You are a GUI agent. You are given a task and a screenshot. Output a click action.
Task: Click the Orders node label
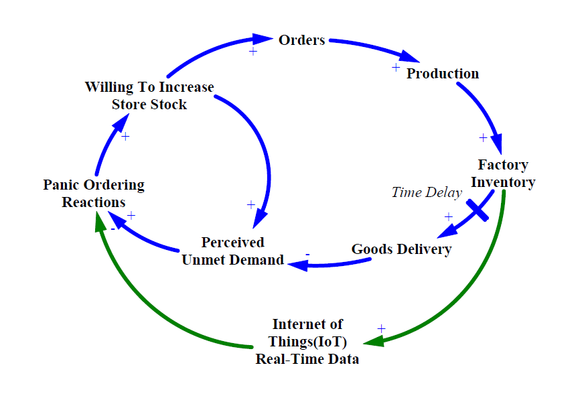[x=301, y=40]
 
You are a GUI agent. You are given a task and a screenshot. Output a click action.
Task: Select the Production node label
[x=443, y=74]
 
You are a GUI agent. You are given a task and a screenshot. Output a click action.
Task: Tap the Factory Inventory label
[x=503, y=174]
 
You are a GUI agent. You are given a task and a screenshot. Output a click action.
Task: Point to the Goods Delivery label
[x=401, y=249]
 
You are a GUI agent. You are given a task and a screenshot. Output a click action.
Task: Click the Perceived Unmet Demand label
[x=233, y=251]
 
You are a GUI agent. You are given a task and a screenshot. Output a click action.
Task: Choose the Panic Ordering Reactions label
[x=94, y=193]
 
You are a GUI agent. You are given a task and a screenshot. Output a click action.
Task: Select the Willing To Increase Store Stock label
[x=149, y=96]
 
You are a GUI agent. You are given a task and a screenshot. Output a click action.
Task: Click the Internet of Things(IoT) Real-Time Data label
[x=307, y=342]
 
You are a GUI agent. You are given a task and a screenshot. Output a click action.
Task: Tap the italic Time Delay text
[x=427, y=193]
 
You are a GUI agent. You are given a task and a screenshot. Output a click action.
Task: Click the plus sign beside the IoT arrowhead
[x=381, y=329]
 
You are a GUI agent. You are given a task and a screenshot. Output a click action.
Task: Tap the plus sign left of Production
[x=396, y=67]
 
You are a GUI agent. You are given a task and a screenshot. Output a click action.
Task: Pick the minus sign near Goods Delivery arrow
[x=307, y=255]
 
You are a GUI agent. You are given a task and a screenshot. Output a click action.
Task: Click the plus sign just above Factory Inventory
[x=483, y=137]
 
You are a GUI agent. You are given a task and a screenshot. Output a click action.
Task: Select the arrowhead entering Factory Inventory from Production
[x=497, y=145]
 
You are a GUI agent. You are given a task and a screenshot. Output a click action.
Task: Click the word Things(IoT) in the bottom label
[x=307, y=342]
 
